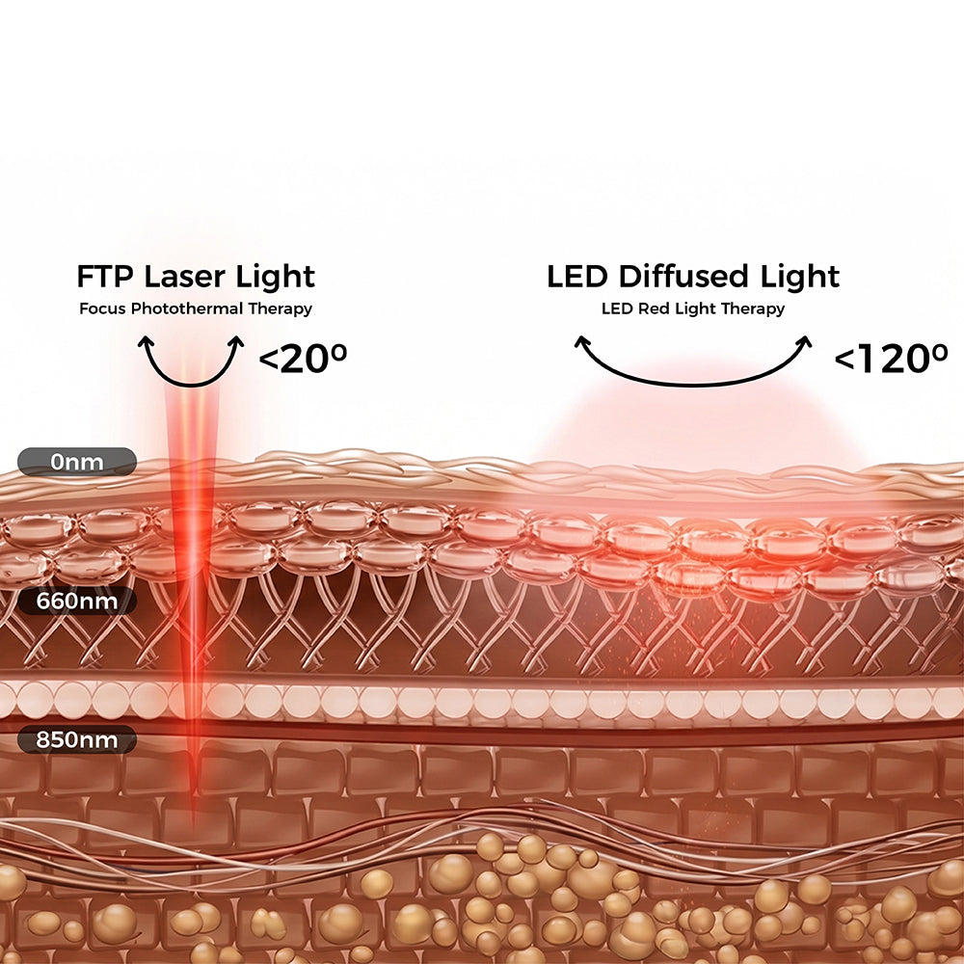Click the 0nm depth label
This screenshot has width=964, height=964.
77,462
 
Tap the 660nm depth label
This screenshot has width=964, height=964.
77,601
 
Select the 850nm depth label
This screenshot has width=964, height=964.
77,739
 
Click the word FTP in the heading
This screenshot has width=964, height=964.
104,277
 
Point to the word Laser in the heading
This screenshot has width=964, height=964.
186,277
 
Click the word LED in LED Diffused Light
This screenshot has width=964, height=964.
576,277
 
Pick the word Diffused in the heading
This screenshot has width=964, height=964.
683,277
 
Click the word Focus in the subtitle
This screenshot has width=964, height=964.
103,308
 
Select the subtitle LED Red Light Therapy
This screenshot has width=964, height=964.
693,308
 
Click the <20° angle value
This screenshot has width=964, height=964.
303,359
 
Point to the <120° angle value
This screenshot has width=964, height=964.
891,359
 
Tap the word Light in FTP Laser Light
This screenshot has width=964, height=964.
276,278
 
